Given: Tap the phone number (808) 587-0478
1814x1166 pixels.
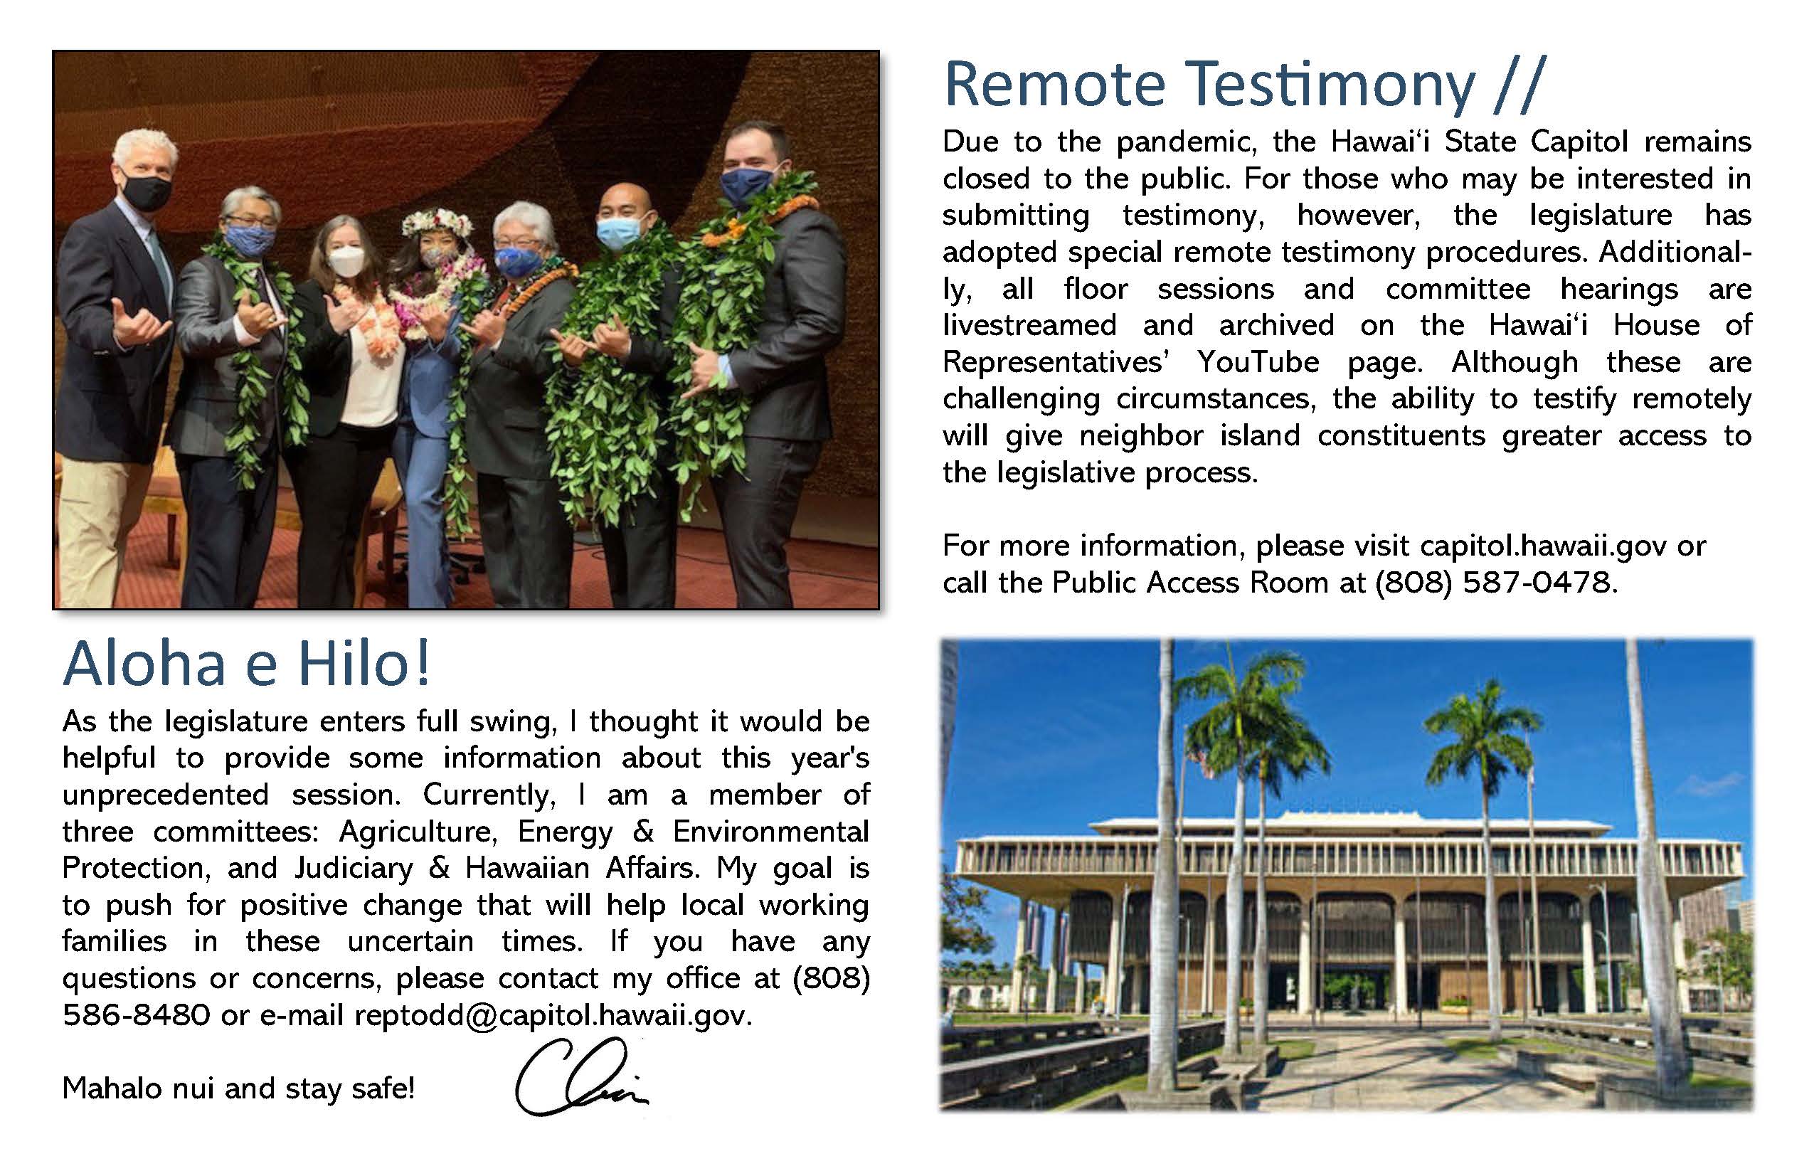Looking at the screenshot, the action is [x=1495, y=582].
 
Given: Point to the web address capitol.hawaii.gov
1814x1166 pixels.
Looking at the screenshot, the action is [x=1543, y=546].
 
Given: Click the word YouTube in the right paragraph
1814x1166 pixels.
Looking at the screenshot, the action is [x=1258, y=362].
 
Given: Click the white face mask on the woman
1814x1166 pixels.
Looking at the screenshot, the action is [x=346, y=265].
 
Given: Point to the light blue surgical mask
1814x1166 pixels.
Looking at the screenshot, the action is [x=620, y=233].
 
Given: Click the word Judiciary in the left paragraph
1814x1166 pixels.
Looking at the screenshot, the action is [x=354, y=869].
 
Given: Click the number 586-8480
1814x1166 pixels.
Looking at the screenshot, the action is [x=137, y=1015].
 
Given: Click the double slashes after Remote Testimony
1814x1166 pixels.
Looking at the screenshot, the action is [x=1518, y=85].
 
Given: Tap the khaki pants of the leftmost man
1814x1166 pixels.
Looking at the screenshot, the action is [x=95, y=530].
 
